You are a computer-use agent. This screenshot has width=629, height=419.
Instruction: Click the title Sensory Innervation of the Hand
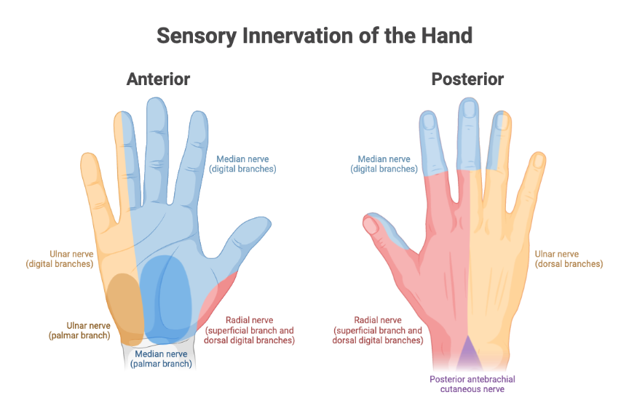pyautogui.click(x=314, y=35)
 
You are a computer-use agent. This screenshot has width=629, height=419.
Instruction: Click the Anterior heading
pyautogui.click(x=158, y=79)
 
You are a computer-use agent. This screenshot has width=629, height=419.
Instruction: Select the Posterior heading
pyautogui.click(x=467, y=79)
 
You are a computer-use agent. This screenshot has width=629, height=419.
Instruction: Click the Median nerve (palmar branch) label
pyautogui.click(x=161, y=359)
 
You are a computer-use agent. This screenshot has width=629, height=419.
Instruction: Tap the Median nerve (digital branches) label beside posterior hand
pyautogui.click(x=384, y=164)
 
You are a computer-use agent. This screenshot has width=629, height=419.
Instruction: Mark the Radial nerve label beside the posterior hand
pyautogui.click(x=377, y=330)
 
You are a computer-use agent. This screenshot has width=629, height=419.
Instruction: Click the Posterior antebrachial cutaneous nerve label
pyautogui.click(x=472, y=383)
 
